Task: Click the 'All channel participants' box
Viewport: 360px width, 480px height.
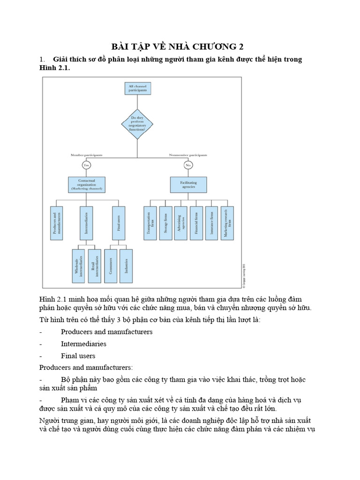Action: pos(137,89)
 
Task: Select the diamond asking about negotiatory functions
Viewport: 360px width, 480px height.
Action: pos(137,124)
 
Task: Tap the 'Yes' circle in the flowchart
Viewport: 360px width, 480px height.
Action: pos(86,165)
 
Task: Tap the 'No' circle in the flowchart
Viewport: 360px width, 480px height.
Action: pos(188,165)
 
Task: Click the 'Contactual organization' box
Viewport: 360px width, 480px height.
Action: pos(86,185)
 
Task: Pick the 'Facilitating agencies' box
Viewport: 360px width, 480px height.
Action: pos(188,185)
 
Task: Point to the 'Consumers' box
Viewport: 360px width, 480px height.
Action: pos(111,265)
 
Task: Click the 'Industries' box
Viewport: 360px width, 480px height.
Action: pos(127,265)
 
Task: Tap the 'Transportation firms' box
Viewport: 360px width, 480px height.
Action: pos(150,223)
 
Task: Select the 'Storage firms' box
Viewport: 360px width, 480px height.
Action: pos(165,223)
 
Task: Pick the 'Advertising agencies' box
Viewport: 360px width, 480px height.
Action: pos(180,223)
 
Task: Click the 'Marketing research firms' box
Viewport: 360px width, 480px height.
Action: pos(227,223)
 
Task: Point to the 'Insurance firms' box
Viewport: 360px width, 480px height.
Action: pos(211,223)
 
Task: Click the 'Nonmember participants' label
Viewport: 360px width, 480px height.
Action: pos(187,155)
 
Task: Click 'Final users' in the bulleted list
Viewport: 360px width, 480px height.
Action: pos(78,356)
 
